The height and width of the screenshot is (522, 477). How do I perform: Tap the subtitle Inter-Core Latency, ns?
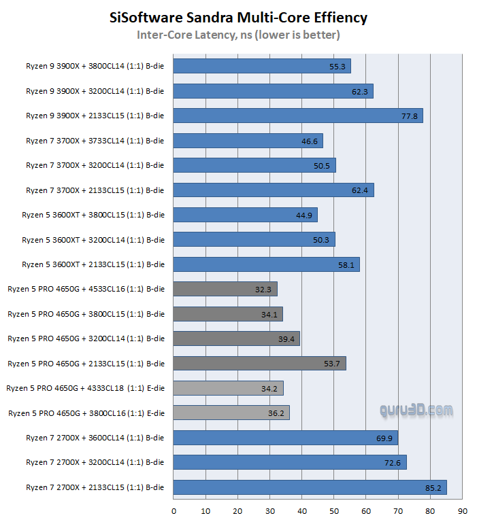(x=238, y=35)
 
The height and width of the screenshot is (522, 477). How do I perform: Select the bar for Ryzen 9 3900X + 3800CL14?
(x=262, y=66)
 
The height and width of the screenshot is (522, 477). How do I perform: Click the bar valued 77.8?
(x=298, y=116)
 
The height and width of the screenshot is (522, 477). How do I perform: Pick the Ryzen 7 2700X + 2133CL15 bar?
(x=310, y=487)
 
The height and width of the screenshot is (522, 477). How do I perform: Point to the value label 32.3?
(x=263, y=289)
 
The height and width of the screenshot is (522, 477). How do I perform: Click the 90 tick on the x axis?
(x=462, y=510)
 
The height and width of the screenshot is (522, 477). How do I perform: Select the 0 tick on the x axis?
(x=174, y=510)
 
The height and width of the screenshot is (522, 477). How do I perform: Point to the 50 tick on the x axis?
(x=334, y=510)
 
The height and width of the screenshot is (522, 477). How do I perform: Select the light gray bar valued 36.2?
(x=231, y=413)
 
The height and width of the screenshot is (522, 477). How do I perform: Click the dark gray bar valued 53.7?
(x=259, y=363)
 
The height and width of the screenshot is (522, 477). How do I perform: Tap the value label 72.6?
(x=393, y=462)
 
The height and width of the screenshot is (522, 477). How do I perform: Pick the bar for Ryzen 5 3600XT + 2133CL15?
(x=266, y=264)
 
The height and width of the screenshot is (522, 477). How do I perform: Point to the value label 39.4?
(x=286, y=338)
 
